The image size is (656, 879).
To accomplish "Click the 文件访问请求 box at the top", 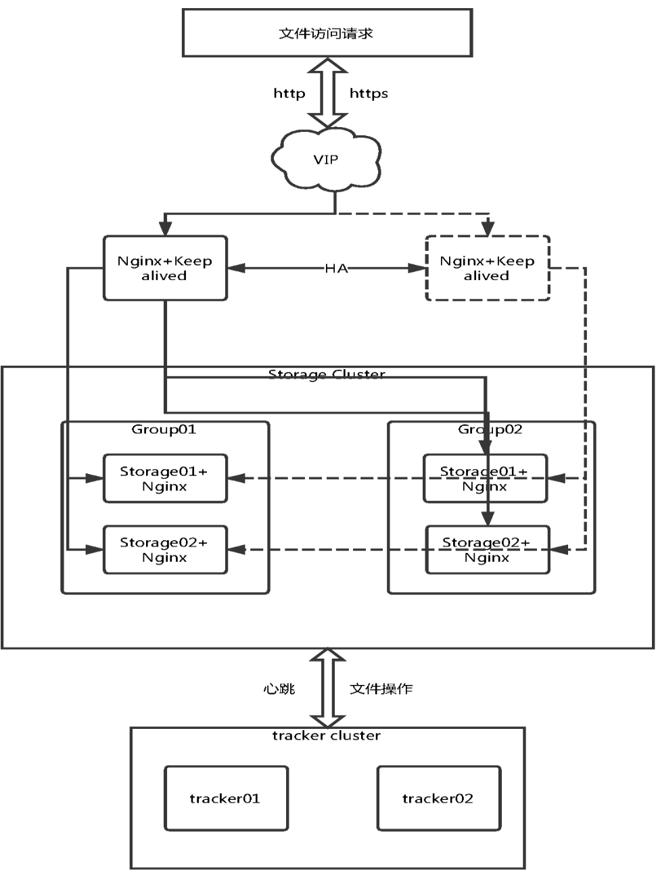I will pyautogui.click(x=327, y=32).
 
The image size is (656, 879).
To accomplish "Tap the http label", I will pyautogui.click(x=289, y=93).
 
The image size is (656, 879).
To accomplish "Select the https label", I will pyautogui.click(x=369, y=93).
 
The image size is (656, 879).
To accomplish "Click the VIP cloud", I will pyautogui.click(x=326, y=160).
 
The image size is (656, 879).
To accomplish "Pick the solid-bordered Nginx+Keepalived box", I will pyautogui.click(x=165, y=268).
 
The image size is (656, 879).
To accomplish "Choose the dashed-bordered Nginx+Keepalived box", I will pyautogui.click(x=487, y=268).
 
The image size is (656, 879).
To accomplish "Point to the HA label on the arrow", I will pyautogui.click(x=336, y=268).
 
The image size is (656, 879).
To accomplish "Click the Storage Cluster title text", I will pyautogui.click(x=327, y=374).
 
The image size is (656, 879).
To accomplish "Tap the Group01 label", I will pyautogui.click(x=164, y=429).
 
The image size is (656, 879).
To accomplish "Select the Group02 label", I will pyautogui.click(x=490, y=429).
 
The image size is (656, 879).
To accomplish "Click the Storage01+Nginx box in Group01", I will pyautogui.click(x=164, y=479).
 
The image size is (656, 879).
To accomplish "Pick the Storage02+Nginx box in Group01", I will pyautogui.click(x=164, y=550).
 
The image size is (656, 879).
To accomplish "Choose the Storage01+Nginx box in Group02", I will pyautogui.click(x=485, y=479).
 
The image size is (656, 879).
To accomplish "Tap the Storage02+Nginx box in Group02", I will pyautogui.click(x=487, y=550).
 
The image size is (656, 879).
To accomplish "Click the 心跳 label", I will pyautogui.click(x=279, y=689).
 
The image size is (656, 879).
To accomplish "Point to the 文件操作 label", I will pyautogui.click(x=381, y=689).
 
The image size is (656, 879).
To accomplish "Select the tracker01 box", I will pyautogui.click(x=226, y=799).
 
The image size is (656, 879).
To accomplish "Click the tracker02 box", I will pyautogui.click(x=438, y=799).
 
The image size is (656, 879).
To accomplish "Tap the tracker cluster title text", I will pyautogui.click(x=327, y=736).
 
